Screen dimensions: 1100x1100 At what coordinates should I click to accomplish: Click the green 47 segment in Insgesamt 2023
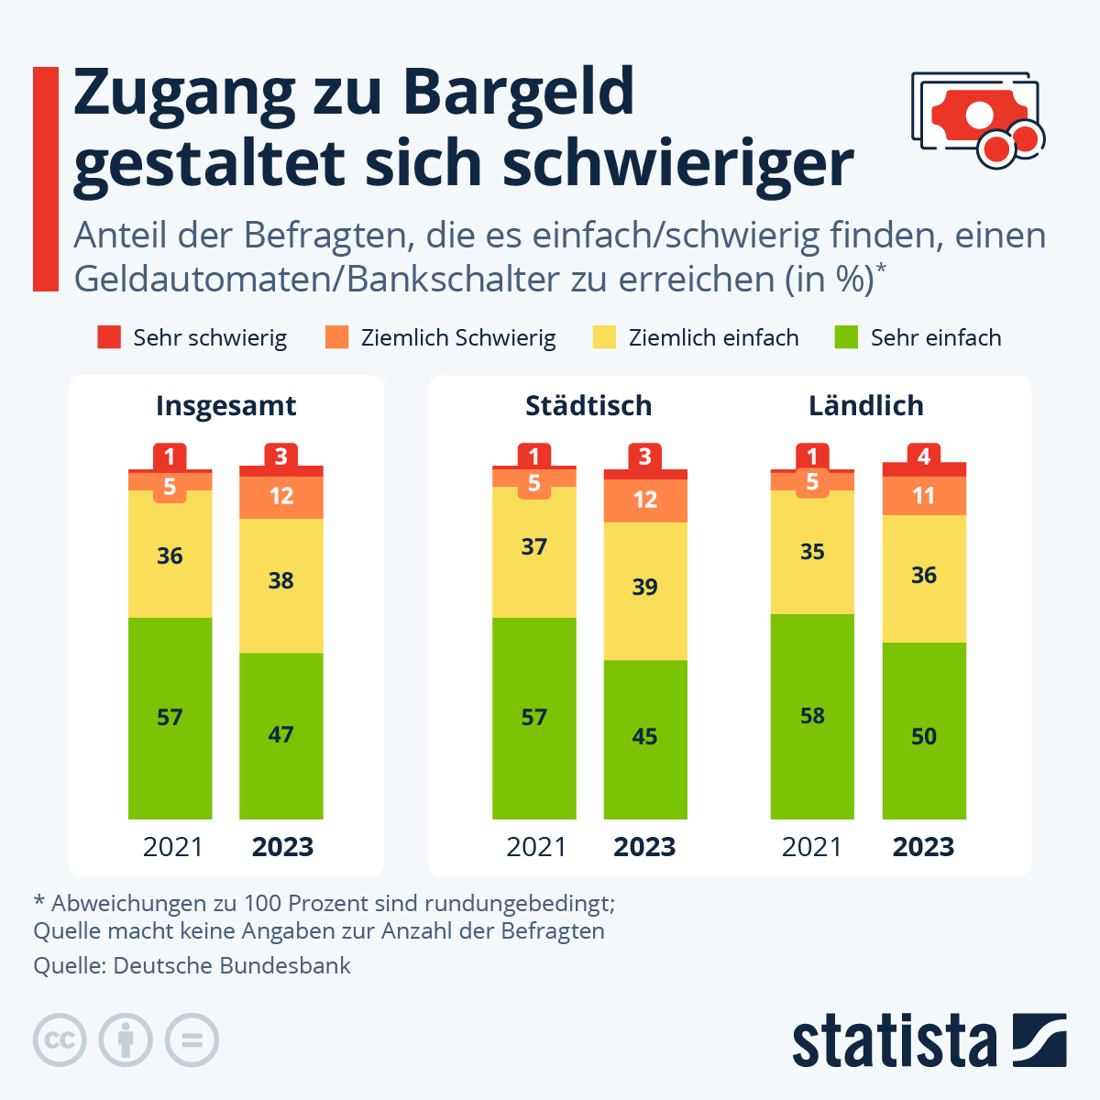(x=280, y=735)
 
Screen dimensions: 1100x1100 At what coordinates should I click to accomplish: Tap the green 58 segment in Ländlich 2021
(x=812, y=716)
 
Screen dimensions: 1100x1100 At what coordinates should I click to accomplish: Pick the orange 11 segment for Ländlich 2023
(x=924, y=496)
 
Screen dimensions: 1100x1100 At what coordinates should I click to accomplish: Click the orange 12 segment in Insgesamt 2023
(x=280, y=497)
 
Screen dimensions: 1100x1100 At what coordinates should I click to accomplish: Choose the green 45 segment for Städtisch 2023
(x=644, y=738)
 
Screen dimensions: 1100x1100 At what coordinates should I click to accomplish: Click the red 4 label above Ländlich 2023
(x=924, y=456)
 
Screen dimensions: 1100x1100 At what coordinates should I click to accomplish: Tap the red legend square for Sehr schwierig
(x=109, y=337)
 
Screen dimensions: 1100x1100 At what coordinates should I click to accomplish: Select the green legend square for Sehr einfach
(x=846, y=337)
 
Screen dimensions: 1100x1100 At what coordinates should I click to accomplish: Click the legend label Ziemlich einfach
(x=713, y=338)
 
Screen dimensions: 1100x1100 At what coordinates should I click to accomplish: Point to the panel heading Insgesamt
(x=225, y=405)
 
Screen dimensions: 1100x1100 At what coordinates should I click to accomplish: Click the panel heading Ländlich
(x=865, y=405)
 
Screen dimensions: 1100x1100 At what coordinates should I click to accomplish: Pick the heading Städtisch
(x=588, y=405)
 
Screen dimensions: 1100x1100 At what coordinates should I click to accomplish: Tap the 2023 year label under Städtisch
(x=644, y=847)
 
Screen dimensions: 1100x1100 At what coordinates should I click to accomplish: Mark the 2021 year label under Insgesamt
(x=172, y=847)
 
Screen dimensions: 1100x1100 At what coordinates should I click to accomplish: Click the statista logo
(x=929, y=1040)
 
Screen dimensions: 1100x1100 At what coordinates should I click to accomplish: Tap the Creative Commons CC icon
(x=60, y=1040)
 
